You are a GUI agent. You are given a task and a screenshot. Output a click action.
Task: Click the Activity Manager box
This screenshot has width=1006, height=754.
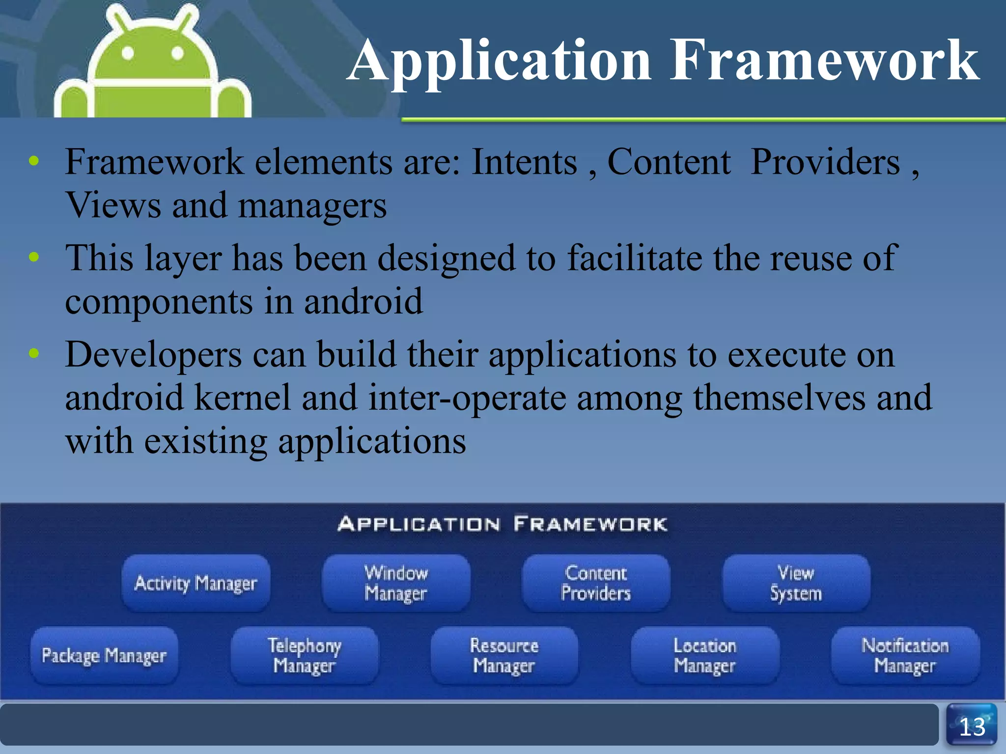coord(196,583)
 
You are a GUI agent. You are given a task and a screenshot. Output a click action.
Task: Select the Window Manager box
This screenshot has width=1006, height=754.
coord(396,583)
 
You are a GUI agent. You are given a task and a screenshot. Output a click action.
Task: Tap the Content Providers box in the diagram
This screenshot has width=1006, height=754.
coord(596,583)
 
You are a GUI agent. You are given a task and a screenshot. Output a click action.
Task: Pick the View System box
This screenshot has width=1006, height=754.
coord(796,583)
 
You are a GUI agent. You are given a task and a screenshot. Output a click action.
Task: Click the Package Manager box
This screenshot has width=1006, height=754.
coord(104,655)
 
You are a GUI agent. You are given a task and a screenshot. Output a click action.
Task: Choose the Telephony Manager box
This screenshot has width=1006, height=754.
coord(305,655)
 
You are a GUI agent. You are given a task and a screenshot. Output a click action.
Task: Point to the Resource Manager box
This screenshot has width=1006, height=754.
coord(504,655)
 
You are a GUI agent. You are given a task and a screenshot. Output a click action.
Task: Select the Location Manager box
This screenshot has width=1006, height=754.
coord(705,655)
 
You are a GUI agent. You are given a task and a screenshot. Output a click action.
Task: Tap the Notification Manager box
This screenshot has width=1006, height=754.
coord(905,655)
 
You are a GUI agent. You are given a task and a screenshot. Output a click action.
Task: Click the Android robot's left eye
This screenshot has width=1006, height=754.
coord(128,53)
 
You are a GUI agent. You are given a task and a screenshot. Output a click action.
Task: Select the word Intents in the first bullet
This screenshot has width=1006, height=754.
coord(524,162)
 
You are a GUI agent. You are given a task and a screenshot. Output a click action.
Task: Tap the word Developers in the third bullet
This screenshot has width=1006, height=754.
coord(153,355)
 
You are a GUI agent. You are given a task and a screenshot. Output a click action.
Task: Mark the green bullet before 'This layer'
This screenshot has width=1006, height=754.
coord(33,257)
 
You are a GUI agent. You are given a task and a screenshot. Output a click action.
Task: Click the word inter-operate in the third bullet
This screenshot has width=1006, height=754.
coord(467,398)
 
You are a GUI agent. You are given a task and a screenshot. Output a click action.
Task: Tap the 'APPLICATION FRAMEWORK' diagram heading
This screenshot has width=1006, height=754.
coord(502,524)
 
